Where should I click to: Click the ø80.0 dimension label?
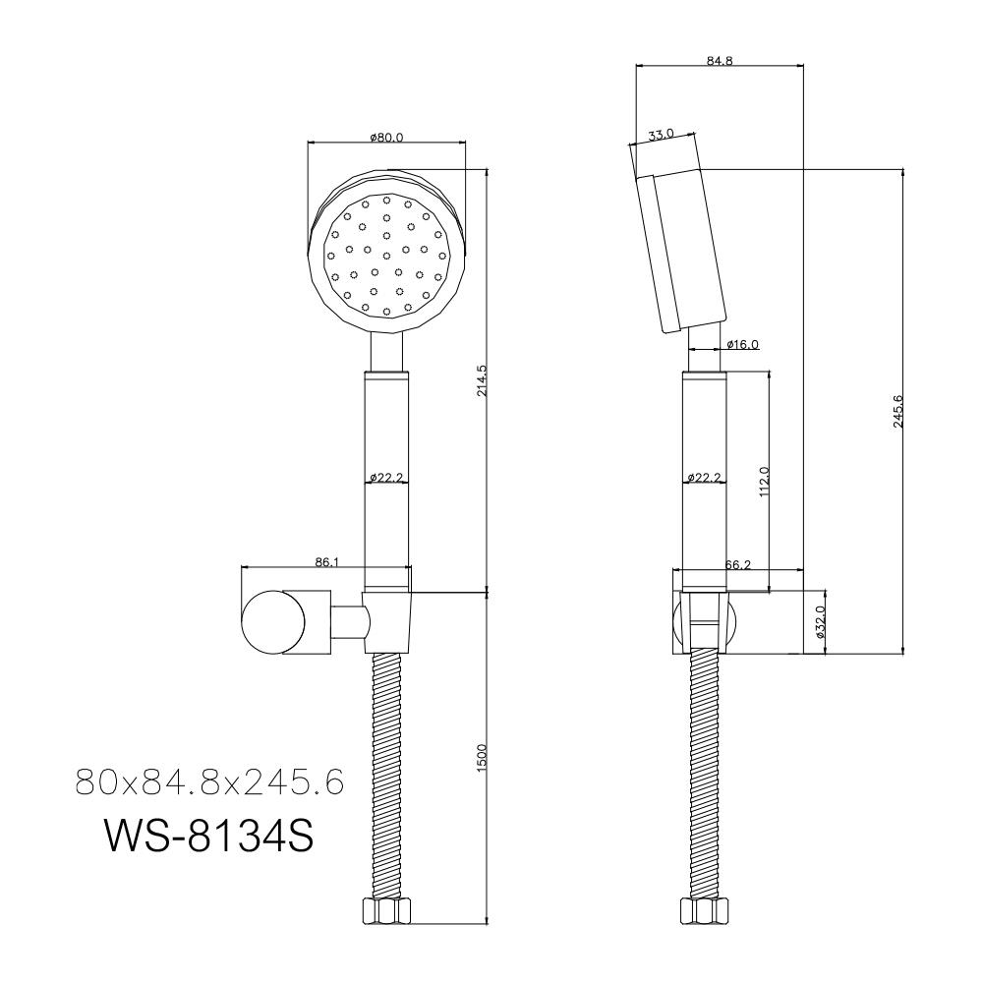coord(386,138)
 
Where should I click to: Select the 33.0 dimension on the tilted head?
coord(661,134)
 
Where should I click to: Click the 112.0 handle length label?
coord(764,482)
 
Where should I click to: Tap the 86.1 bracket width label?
coord(325,562)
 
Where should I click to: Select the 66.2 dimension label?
coord(738,564)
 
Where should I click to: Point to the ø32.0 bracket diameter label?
coord(821,622)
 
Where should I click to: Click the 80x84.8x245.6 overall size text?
coord(208,782)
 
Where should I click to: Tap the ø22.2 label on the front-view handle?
coord(386,478)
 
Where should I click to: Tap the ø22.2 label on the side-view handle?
coord(704,478)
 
